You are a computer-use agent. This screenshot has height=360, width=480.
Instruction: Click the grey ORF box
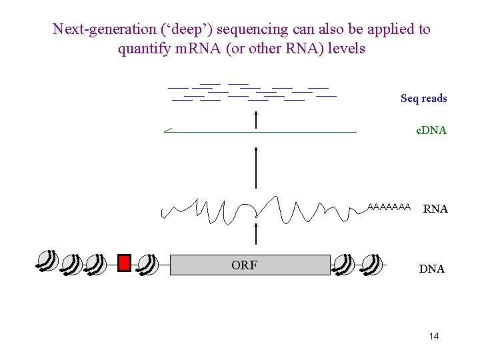[x=250, y=265]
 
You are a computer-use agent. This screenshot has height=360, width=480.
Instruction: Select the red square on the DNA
[x=124, y=263]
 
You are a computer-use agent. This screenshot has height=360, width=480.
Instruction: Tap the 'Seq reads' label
[x=423, y=99]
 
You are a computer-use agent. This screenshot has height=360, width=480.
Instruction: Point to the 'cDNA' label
[x=431, y=131]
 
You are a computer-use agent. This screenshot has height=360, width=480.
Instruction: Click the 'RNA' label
[x=435, y=209]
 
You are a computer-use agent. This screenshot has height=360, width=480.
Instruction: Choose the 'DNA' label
[x=431, y=269]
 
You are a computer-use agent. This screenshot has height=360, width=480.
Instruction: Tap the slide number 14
[x=434, y=336]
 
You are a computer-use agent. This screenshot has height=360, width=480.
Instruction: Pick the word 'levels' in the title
[x=345, y=49]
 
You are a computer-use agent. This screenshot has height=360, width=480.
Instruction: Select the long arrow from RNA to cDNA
[x=257, y=167]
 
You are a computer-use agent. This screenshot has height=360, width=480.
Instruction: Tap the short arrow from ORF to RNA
[x=257, y=235]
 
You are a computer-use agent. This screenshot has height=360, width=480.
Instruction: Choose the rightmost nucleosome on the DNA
[x=373, y=264]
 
